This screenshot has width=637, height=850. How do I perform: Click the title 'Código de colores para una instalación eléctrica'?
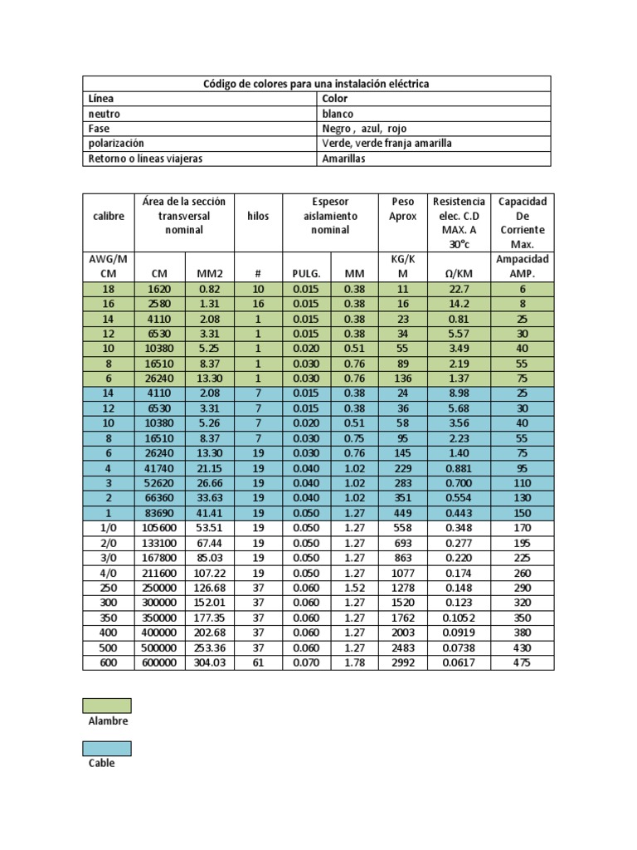[317, 84]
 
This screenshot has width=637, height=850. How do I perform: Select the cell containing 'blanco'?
[338, 114]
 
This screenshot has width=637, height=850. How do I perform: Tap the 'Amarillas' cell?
[343, 159]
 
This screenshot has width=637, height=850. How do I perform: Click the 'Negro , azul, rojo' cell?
[364, 129]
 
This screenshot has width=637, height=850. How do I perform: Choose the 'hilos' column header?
[258, 216]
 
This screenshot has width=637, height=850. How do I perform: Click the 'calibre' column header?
[108, 216]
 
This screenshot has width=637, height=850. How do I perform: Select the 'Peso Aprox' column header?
[403, 208]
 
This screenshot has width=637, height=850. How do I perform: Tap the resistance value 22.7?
[459, 288]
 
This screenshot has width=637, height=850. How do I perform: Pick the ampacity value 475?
[522, 662]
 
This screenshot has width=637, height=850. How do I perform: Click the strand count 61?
[258, 662]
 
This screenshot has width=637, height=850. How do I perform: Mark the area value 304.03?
[209, 662]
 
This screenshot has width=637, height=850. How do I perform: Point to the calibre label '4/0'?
[108, 572]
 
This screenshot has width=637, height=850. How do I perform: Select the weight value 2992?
[403, 662]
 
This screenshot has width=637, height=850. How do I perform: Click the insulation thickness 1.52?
[356, 587]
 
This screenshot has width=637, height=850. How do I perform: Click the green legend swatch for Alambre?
[106, 706]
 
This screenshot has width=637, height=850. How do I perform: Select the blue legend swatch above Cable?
[106, 748]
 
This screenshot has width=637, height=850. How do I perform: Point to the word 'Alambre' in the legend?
[108, 721]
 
